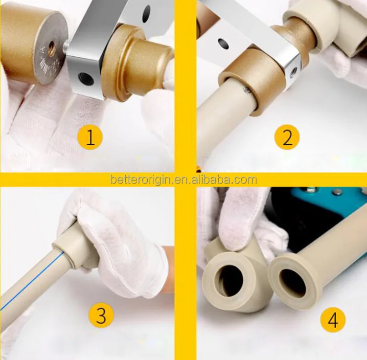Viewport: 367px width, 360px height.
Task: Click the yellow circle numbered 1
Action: (90, 137)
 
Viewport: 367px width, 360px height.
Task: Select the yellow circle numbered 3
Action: (101, 315)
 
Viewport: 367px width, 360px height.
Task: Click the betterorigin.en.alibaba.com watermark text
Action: (183, 180)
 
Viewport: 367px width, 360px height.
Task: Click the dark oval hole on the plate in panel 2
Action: (223, 44)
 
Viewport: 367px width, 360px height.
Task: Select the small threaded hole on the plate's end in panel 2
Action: (293, 71)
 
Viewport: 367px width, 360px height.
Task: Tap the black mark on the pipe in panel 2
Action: (247, 90)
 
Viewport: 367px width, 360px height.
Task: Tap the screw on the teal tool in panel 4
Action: (337, 193)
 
